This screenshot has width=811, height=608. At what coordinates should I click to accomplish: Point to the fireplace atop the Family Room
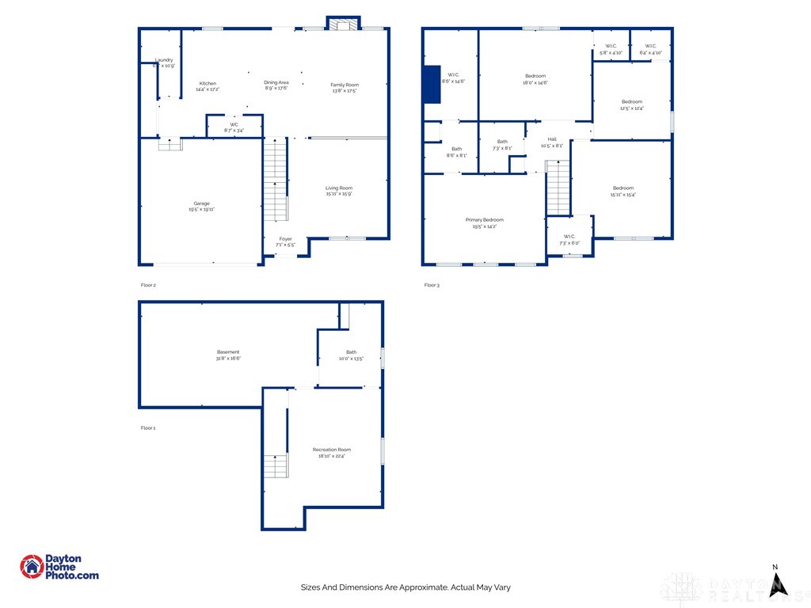pos(344,25)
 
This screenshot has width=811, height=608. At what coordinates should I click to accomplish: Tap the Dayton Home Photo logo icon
pos(32,567)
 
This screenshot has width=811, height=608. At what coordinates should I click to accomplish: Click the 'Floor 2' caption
pos(148,284)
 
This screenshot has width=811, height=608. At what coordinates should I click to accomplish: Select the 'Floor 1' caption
pos(148,427)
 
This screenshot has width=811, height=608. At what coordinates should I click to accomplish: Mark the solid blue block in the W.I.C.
pos(432,85)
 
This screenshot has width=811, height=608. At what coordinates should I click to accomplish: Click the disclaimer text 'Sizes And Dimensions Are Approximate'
pos(405,587)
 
